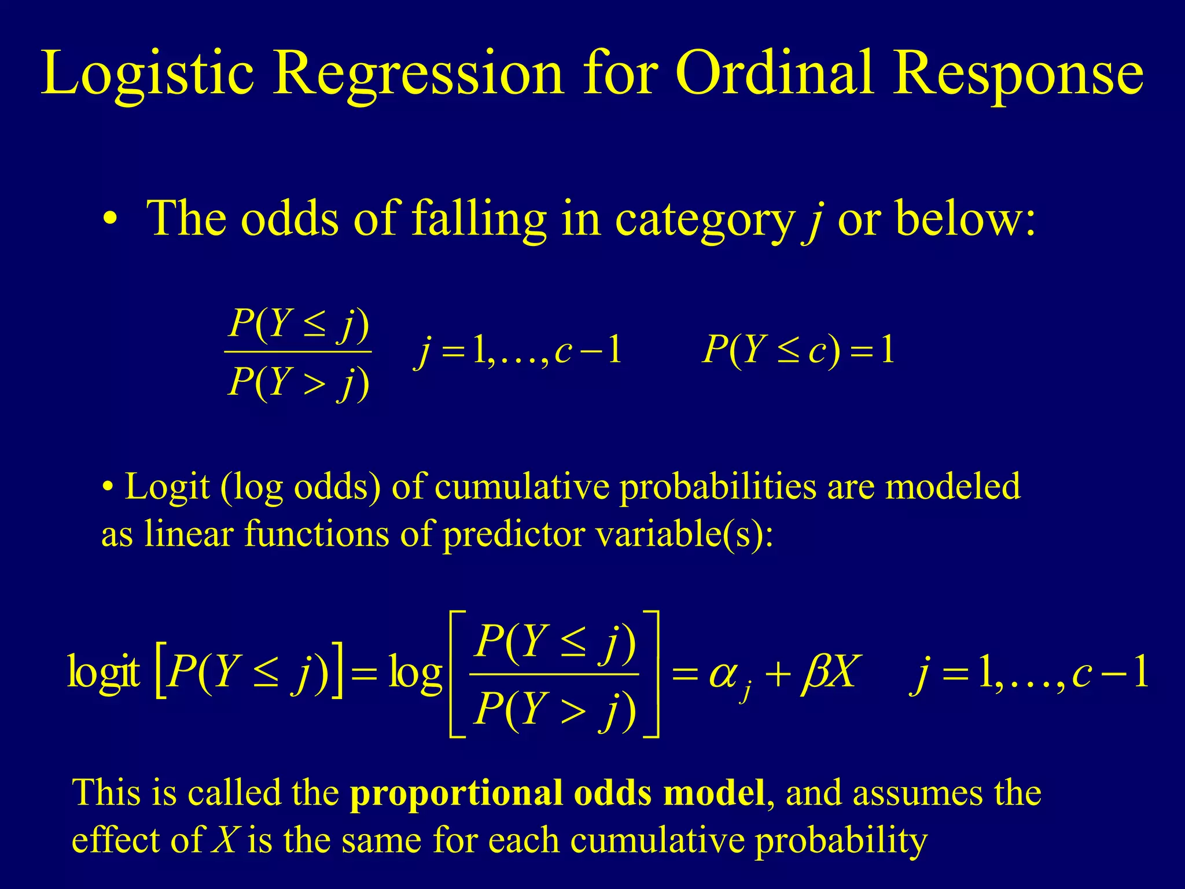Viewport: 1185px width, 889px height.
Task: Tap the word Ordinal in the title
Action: (774, 74)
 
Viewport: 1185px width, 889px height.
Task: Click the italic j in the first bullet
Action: (814, 221)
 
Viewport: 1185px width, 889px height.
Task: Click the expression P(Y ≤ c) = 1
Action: (798, 351)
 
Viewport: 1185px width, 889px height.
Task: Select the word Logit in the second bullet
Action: (167, 487)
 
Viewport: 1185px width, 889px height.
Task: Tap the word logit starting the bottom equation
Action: (104, 673)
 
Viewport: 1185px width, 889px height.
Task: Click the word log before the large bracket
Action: (415, 673)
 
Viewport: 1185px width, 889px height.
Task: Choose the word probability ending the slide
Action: (841, 841)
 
